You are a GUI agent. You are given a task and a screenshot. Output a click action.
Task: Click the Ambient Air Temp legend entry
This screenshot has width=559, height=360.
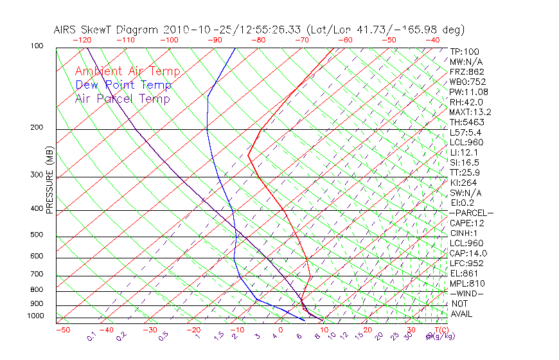click(x=127, y=72)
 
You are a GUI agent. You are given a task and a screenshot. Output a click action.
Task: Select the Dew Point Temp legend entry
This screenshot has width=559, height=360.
click(x=123, y=85)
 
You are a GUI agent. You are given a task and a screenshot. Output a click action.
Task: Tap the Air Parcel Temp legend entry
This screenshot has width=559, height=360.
click(x=123, y=99)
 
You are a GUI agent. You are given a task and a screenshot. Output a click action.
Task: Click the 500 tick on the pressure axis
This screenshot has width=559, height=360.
click(x=37, y=235)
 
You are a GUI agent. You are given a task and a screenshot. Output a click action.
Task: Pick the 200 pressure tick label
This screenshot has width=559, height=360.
click(x=37, y=127)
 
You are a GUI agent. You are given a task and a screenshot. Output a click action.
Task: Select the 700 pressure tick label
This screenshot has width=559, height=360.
click(x=37, y=274)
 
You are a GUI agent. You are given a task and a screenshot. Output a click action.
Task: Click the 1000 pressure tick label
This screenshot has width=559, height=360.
click(x=35, y=316)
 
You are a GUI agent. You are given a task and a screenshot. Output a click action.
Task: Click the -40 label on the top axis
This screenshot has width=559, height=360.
click(x=433, y=40)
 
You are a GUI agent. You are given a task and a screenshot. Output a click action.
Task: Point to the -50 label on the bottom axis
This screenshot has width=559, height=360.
click(x=62, y=330)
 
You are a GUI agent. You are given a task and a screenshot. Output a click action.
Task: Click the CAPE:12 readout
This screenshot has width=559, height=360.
click(x=467, y=223)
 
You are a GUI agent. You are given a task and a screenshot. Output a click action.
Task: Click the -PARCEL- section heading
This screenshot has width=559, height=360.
click(x=471, y=213)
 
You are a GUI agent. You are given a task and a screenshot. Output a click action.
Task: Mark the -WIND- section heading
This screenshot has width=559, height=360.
click(x=466, y=293)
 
